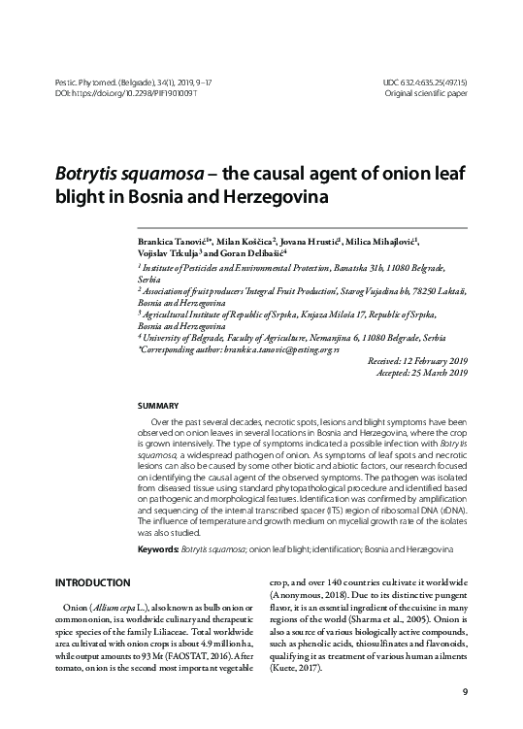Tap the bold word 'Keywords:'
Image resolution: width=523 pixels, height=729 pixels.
(x=159, y=550)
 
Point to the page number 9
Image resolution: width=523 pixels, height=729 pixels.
(x=465, y=692)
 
